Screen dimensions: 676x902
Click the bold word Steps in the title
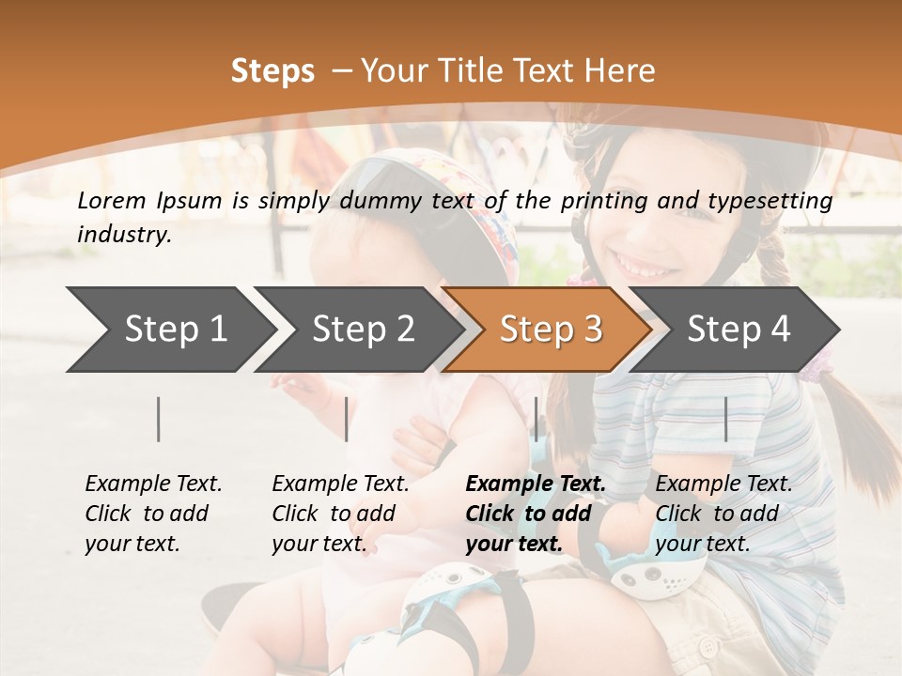272,71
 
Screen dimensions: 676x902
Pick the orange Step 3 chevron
551,329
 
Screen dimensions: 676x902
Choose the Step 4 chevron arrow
739,329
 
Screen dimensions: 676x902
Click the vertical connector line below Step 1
159,419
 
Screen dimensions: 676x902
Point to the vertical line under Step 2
347,419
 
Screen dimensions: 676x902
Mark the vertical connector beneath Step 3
536,419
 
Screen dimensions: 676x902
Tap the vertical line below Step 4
725,419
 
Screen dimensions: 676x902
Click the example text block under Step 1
153,514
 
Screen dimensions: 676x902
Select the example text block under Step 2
340,514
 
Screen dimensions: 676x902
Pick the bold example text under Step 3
536,514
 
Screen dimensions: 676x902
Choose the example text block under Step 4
723,514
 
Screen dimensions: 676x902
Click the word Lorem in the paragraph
112,200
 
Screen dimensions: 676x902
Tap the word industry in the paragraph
124,235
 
